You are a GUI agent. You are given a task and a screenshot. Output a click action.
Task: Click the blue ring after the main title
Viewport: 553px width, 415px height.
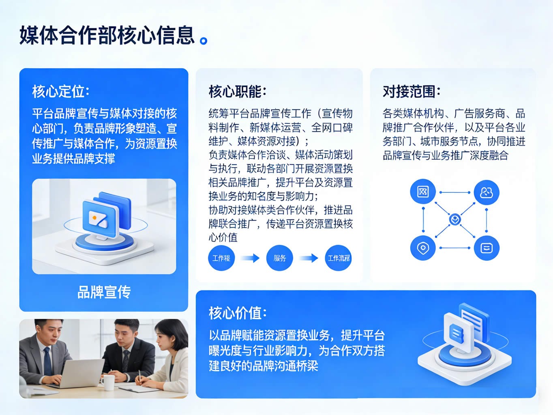tap(203, 41)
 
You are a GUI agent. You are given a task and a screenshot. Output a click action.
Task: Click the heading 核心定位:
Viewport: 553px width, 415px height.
tap(61, 91)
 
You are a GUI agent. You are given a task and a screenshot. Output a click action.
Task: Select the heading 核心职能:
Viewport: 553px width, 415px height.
tap(237, 91)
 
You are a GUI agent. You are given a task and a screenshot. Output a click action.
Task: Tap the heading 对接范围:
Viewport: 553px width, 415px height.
tap(412, 91)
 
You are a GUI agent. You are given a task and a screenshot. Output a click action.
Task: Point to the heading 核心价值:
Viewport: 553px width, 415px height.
tap(237, 313)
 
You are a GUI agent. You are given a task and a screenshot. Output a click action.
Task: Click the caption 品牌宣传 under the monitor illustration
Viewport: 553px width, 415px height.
tap(104, 292)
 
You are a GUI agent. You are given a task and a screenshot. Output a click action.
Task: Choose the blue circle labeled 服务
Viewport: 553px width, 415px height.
tap(280, 258)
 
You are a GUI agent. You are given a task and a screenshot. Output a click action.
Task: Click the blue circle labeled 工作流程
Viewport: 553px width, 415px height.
tap(339, 258)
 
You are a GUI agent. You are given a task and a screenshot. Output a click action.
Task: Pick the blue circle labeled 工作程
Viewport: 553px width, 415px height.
tap(221, 258)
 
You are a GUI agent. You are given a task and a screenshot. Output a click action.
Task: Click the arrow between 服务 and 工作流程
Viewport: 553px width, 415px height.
tap(309, 258)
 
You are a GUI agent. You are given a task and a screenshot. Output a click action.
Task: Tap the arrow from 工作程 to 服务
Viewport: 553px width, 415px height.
tap(250, 258)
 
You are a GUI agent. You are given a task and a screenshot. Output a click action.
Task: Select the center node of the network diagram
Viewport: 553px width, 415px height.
tap(455, 219)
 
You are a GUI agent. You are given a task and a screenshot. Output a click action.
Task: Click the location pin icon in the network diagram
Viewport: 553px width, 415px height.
tap(423, 248)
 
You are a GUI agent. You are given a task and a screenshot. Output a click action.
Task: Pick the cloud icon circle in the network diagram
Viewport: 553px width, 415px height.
tap(487, 193)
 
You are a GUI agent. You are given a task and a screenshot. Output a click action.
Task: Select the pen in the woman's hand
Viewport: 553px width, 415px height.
tap(140, 377)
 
